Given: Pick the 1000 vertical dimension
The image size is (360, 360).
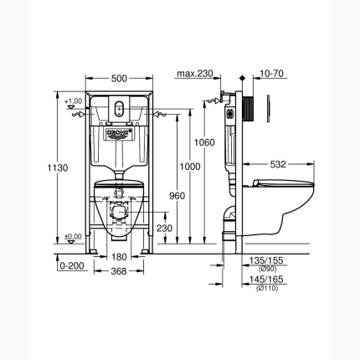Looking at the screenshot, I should click(192, 167).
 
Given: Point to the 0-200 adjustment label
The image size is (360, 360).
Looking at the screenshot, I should click(71, 266).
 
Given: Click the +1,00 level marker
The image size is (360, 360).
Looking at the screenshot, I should click(73, 101).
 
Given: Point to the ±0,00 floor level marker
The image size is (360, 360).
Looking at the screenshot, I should click(73, 237).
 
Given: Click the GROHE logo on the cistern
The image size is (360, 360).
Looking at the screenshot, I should click(123, 131).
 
